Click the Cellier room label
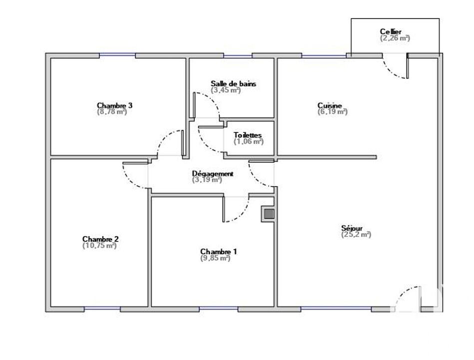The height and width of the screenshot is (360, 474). point(391,31)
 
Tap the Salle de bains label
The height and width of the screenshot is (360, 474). point(233,83)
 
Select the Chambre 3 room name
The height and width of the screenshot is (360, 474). point(114,105)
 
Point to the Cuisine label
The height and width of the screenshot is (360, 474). point(330,105)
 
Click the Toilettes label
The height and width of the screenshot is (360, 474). point(248,135)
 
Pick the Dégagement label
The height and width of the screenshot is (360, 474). point(213,173)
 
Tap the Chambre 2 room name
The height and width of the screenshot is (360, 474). point(100,239)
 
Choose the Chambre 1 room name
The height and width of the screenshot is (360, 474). point(219,251)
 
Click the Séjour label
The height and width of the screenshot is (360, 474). point(352,228)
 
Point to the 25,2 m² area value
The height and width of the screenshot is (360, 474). point(356,234)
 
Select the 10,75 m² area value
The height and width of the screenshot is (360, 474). point(99,245)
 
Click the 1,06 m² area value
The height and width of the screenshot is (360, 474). point(248,141)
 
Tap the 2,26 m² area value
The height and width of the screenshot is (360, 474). point(395,38)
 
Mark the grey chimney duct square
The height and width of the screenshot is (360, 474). point(269,214)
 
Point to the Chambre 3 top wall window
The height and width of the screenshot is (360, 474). point(117,55)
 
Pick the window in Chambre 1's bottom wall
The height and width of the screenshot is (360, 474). point(219,308)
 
